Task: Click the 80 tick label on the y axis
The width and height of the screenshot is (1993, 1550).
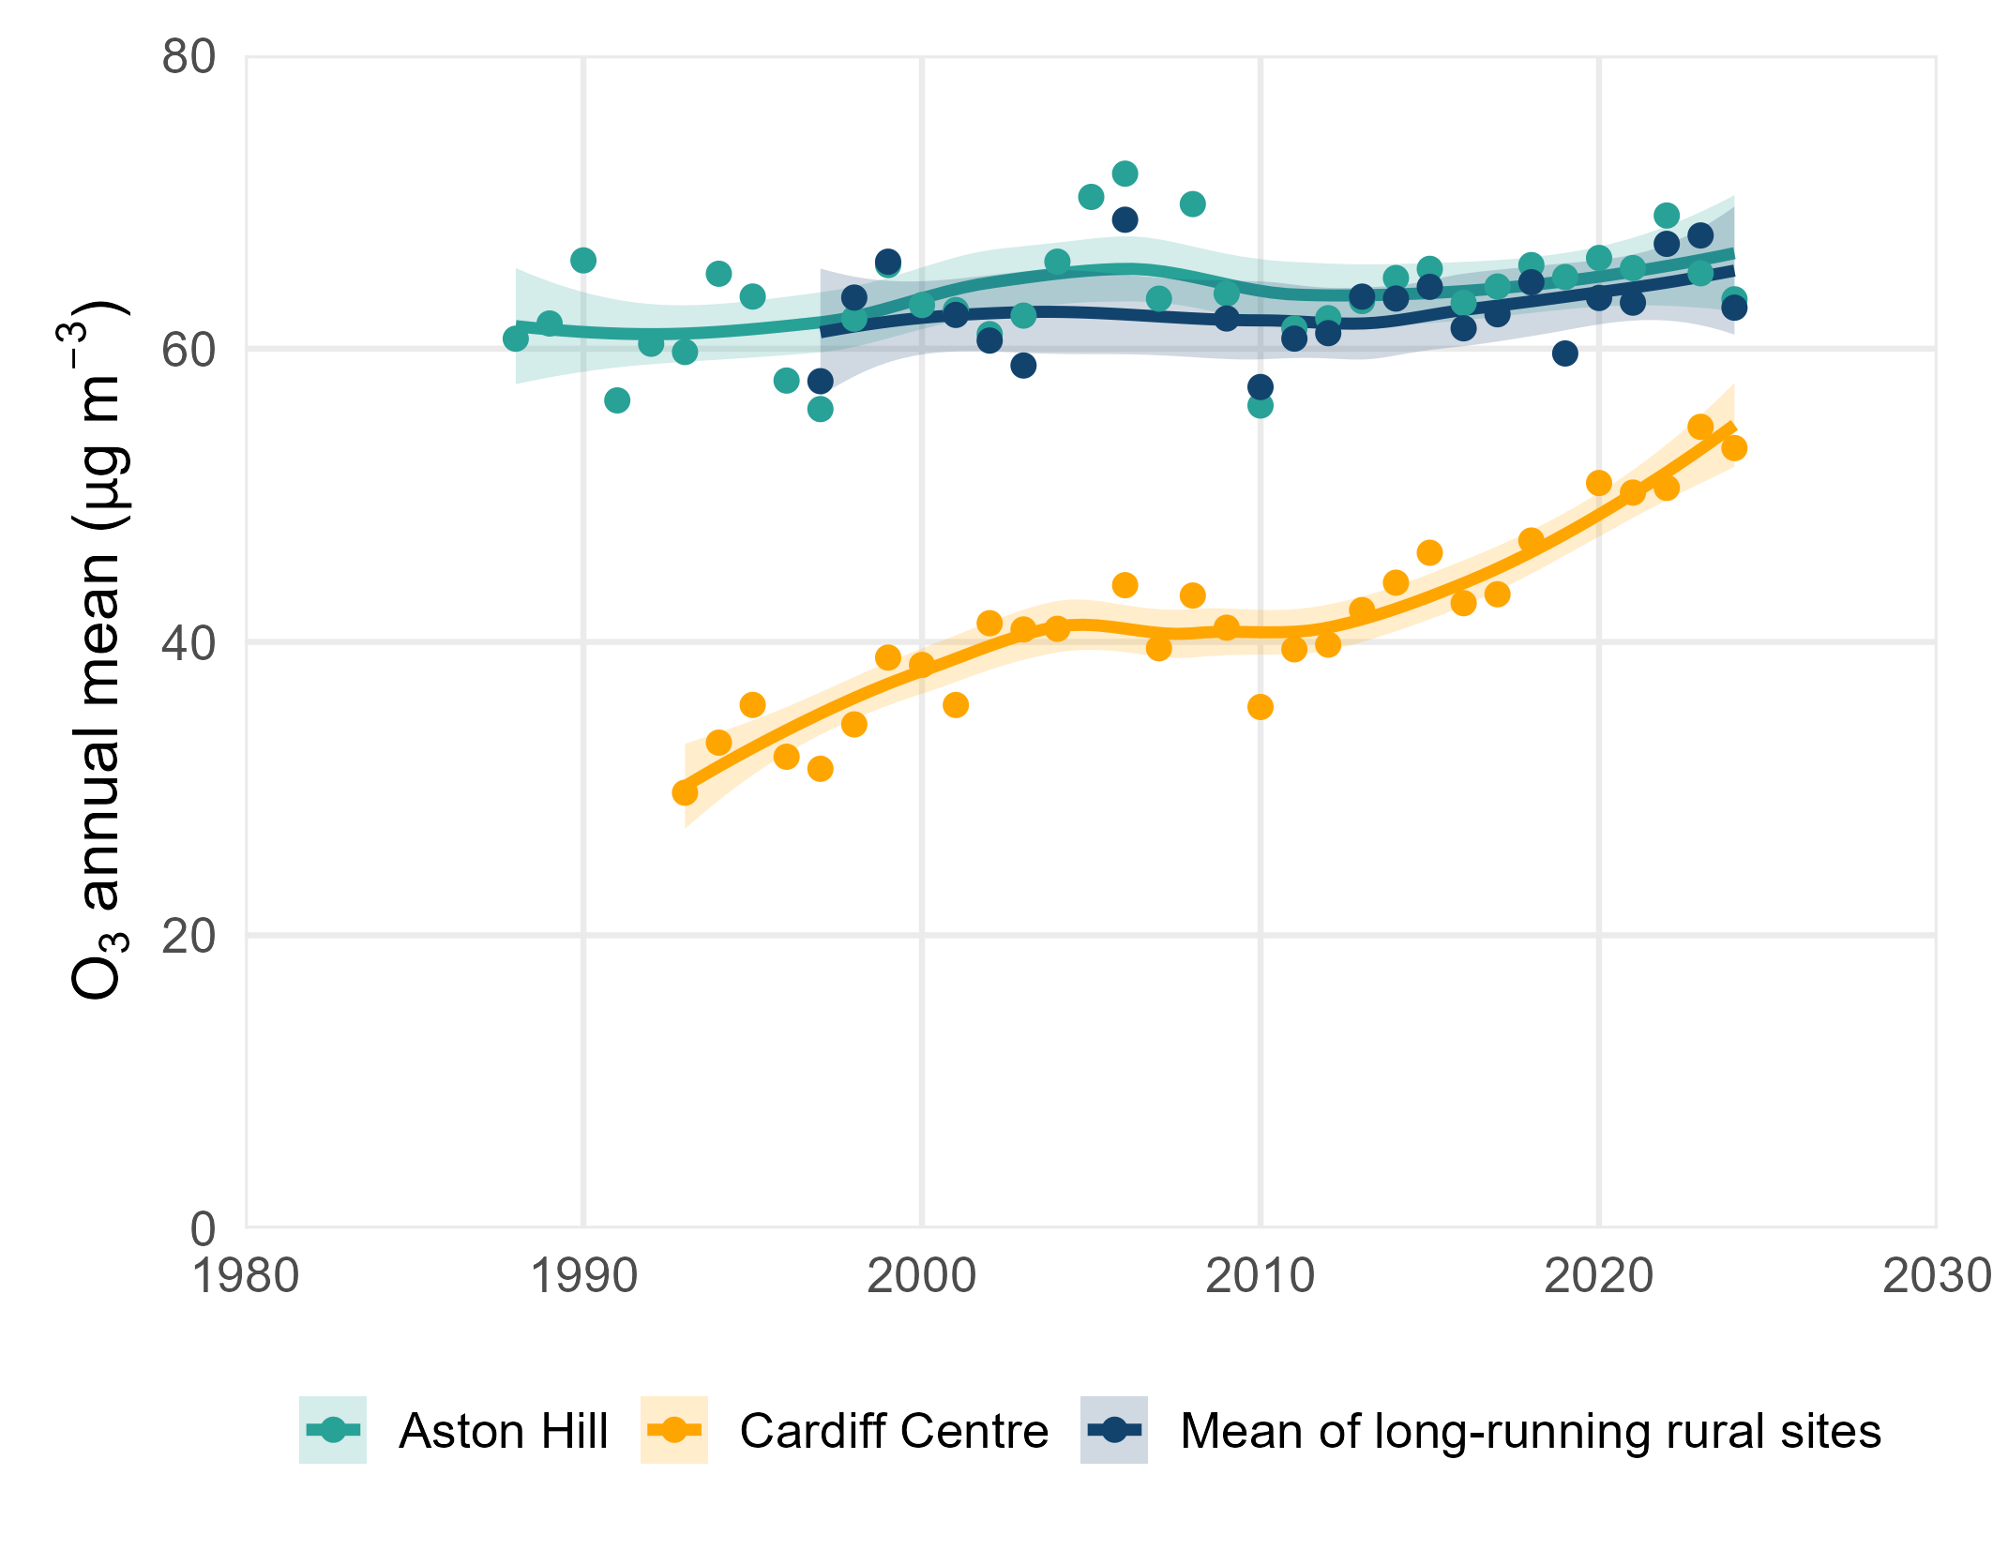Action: pyautogui.click(x=189, y=58)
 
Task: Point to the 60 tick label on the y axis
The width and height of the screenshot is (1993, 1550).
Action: pyautogui.click(x=189, y=351)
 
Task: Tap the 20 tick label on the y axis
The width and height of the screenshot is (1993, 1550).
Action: pyautogui.click(x=189, y=937)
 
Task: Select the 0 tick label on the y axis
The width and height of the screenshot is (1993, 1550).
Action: pyautogui.click(x=203, y=1229)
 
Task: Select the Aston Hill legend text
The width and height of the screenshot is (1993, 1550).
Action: pyautogui.click(x=504, y=1431)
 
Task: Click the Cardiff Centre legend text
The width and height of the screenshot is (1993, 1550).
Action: pyautogui.click(x=894, y=1431)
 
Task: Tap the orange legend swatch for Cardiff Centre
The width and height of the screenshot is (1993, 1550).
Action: pyautogui.click(x=673, y=1430)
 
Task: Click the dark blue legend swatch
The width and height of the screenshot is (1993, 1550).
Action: pyautogui.click(x=1114, y=1430)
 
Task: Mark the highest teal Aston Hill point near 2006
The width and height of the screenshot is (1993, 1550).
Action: pyautogui.click(x=1125, y=173)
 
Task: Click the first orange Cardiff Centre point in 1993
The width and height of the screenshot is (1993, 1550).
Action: pyautogui.click(x=685, y=793)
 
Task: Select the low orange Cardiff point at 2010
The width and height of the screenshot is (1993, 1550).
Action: pyautogui.click(x=1261, y=707)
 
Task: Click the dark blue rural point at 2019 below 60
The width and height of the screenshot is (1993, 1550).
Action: pyautogui.click(x=1564, y=354)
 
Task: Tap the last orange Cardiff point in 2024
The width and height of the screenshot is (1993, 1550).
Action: pyautogui.click(x=1734, y=448)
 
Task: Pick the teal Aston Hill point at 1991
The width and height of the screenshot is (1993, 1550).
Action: pyautogui.click(x=617, y=400)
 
